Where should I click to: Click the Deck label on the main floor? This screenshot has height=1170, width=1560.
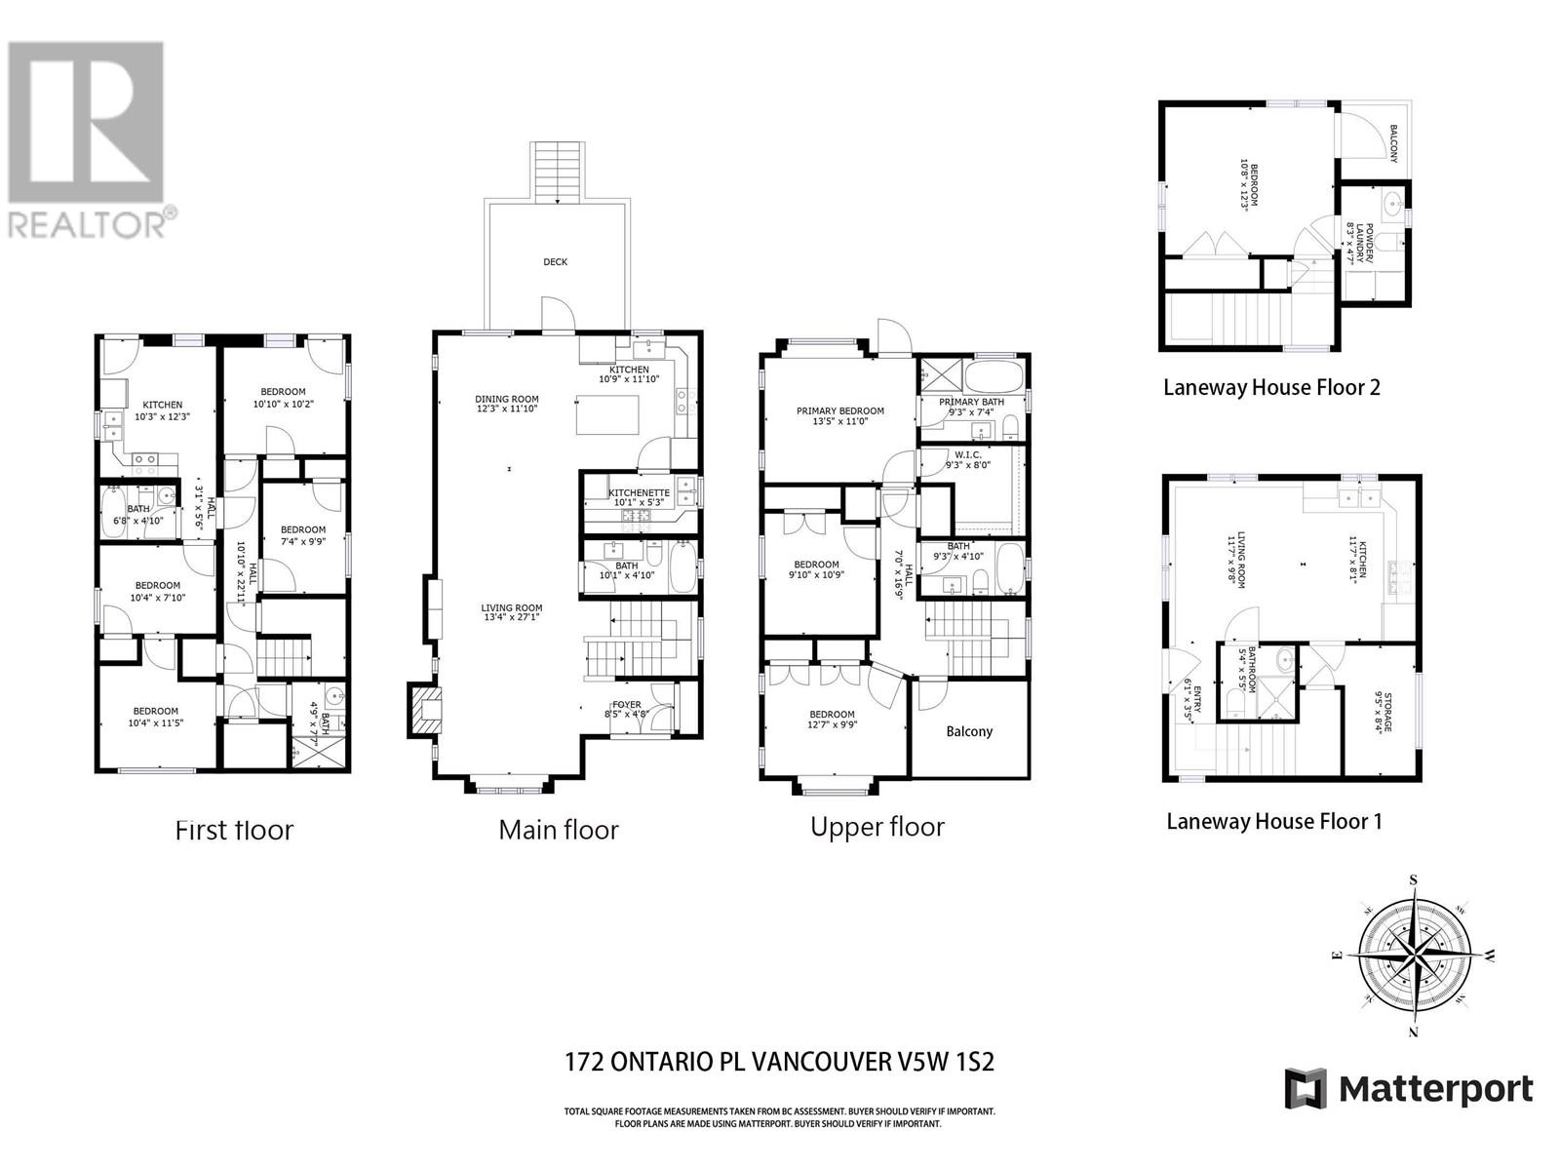[x=555, y=261]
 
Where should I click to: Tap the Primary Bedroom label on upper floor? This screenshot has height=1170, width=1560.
[x=839, y=410]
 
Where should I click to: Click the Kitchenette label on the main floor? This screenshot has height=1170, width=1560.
[x=639, y=493]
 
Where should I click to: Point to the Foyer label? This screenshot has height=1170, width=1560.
[x=626, y=704]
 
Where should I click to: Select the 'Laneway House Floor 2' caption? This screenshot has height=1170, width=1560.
[x=1271, y=387]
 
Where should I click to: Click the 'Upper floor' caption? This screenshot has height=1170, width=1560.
[x=877, y=827]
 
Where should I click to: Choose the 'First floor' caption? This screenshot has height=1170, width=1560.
[x=234, y=830]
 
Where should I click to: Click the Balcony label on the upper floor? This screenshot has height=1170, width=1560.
[x=969, y=731]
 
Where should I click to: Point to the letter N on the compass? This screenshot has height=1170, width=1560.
[x=1414, y=1032]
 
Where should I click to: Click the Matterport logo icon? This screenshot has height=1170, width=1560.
[x=1306, y=1088]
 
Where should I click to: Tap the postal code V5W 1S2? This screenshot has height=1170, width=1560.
[x=945, y=1062]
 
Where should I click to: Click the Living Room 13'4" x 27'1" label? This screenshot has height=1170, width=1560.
[x=511, y=612]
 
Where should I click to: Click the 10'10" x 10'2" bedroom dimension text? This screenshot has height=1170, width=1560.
[x=280, y=404]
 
